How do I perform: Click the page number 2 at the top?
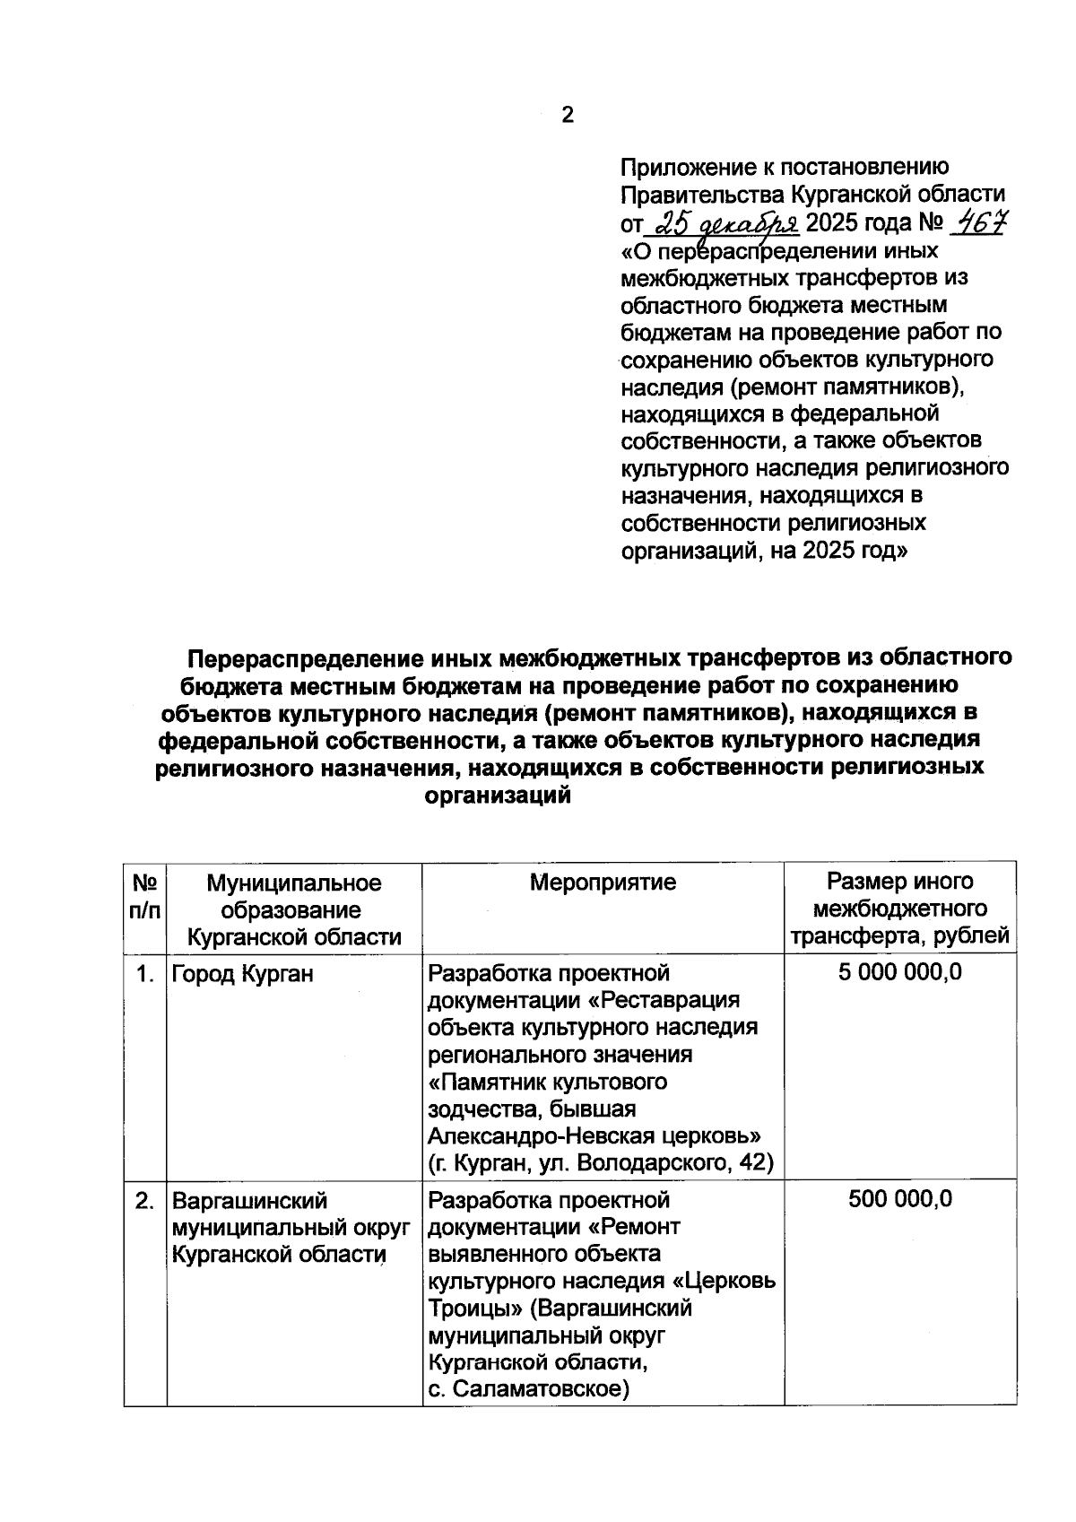[x=567, y=116]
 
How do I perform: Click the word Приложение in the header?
[x=690, y=168]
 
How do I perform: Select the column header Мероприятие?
[x=603, y=883]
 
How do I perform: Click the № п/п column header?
[x=145, y=897]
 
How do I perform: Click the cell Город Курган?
[x=242, y=974]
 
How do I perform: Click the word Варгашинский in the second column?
[x=250, y=1201]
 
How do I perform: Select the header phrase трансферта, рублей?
[x=899, y=936]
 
